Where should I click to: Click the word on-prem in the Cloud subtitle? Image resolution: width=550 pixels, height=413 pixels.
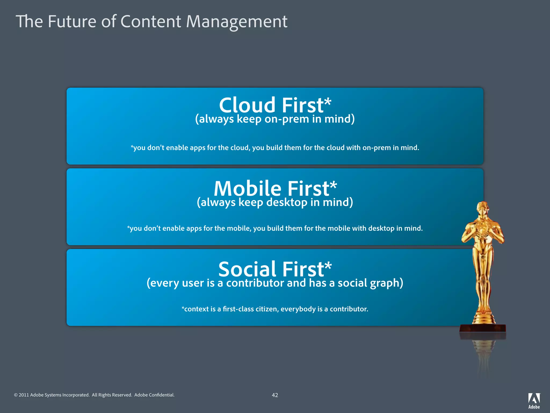point(287,119)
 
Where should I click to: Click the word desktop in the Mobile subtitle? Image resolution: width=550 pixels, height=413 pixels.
point(287,202)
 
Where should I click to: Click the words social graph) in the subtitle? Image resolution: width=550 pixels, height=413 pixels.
point(370,283)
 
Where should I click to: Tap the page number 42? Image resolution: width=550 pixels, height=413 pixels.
point(275,395)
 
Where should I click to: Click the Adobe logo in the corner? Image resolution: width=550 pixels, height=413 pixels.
point(534,401)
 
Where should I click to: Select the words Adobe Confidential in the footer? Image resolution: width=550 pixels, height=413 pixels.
point(154,395)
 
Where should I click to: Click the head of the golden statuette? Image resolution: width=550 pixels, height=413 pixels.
point(482,209)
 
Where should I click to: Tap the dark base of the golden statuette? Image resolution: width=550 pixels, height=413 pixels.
point(483,328)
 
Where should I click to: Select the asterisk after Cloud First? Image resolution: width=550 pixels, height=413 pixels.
point(328,102)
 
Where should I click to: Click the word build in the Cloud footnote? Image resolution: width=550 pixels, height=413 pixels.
point(274,148)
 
